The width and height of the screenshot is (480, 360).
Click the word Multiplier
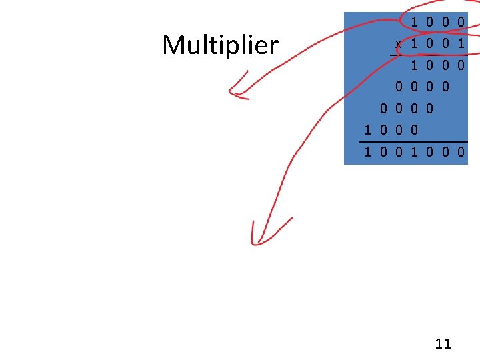[x=220, y=45]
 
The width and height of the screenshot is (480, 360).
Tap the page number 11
[x=443, y=344]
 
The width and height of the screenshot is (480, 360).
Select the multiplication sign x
[x=398, y=44]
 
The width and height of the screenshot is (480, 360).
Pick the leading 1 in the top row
[x=415, y=22]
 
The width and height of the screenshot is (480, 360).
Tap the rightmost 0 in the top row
[x=461, y=22]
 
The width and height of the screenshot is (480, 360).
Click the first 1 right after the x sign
[x=415, y=43]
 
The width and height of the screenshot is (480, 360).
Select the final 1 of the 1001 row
[x=461, y=43]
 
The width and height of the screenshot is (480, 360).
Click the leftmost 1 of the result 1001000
[x=367, y=153]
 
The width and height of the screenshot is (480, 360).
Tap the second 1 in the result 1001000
[x=415, y=153]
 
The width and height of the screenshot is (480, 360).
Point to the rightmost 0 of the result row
[x=461, y=153]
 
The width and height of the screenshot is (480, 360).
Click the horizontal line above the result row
[x=413, y=141]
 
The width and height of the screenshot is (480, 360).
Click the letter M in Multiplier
[x=173, y=45]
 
